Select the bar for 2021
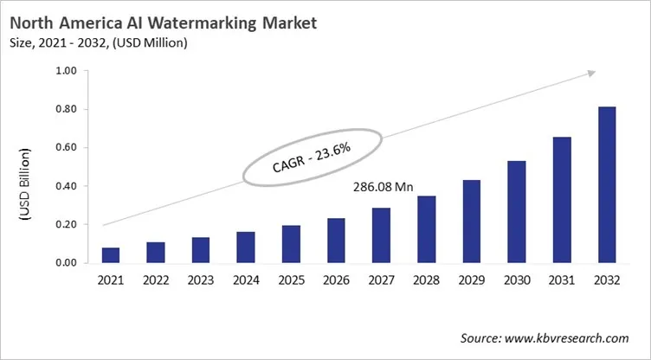point(111,254)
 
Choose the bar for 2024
point(246,247)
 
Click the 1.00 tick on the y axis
point(67,71)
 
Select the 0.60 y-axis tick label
point(67,148)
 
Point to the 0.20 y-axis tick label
point(67,224)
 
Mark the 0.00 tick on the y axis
point(67,263)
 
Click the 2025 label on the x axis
point(291,281)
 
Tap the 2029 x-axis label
point(470,281)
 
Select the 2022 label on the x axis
point(156,281)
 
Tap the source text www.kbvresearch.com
point(571,337)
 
